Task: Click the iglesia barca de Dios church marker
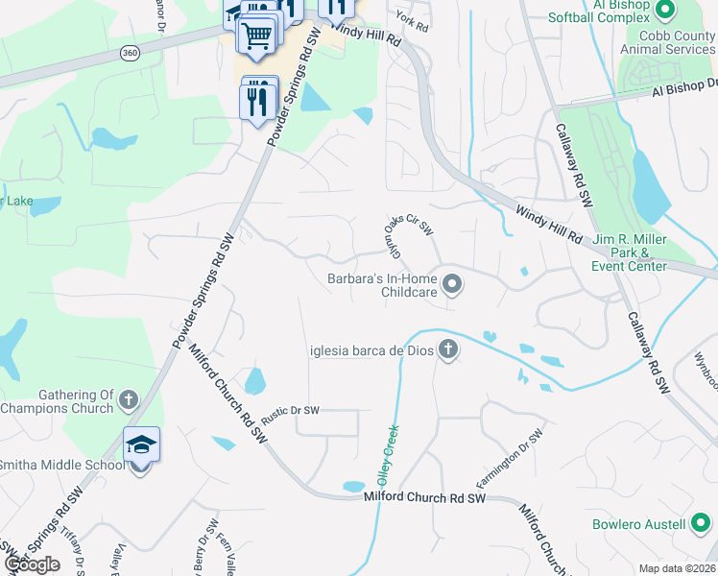pos(446,349)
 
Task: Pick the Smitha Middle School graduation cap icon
pos(140,445)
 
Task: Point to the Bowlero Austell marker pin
pos(701,524)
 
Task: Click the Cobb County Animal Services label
pos(667,43)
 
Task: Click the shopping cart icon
pos(257,36)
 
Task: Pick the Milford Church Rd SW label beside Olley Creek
pos(425,498)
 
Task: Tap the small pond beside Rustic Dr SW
pos(254,382)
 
